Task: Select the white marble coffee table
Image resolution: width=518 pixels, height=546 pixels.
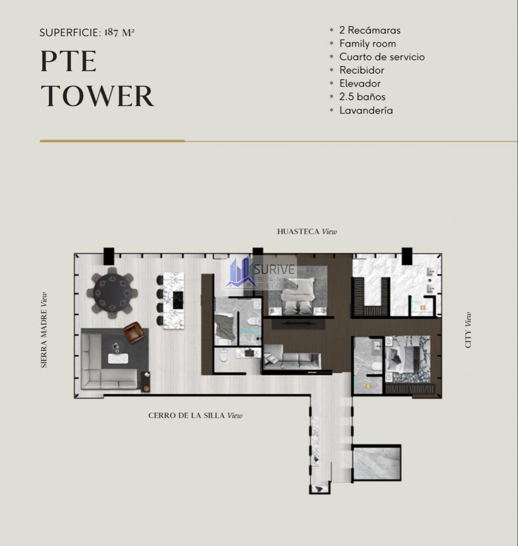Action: click(118, 358)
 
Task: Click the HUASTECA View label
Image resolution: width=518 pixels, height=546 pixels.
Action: click(307, 232)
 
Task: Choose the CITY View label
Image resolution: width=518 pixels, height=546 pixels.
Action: click(468, 330)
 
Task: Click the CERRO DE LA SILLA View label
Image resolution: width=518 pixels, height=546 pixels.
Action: click(195, 416)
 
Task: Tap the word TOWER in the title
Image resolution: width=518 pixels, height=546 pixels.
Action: click(97, 96)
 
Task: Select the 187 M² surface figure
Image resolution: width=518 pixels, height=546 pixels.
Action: click(119, 33)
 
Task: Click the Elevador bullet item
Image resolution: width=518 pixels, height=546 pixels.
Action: click(360, 83)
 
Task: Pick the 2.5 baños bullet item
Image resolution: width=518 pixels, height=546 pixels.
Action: click(362, 97)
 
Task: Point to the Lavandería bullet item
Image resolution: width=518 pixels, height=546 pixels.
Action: click(366, 110)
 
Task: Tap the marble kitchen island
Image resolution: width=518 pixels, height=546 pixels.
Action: click(174, 301)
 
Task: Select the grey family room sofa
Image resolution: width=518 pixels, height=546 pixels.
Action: click(292, 357)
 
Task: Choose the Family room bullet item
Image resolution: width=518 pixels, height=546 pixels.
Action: click(368, 44)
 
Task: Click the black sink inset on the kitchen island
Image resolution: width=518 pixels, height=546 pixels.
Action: click(178, 300)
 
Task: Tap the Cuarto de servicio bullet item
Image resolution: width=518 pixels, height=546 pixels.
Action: click(382, 57)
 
